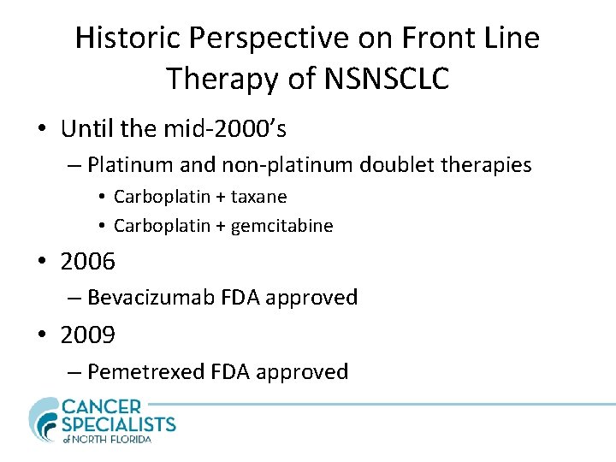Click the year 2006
(87, 261)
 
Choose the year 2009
(87, 335)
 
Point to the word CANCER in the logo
(104, 406)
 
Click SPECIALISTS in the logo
(119, 423)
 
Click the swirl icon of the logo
(44, 418)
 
